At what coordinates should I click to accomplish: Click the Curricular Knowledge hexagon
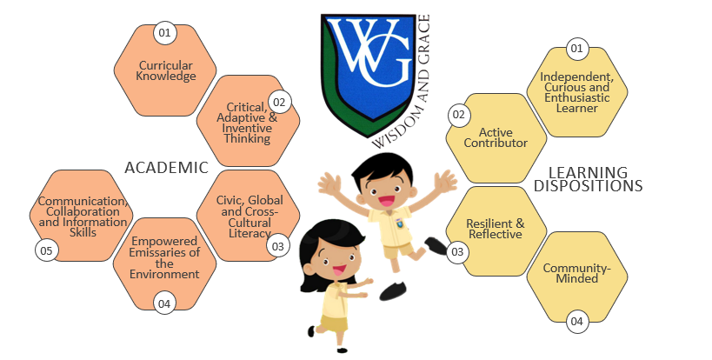coord(167,70)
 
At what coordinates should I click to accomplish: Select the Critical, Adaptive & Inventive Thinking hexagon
coord(248,122)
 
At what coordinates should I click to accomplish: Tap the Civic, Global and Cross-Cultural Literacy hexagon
coord(250,216)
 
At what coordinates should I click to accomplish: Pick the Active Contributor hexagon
coord(496,137)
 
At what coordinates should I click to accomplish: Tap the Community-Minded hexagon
coord(577,272)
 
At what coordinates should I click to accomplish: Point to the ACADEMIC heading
coord(166,168)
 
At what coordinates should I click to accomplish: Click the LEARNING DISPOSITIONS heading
coord(589,179)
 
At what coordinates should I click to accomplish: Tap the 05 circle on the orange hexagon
coord(45,250)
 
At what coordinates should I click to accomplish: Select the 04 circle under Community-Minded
coord(576,322)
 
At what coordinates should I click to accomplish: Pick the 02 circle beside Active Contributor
coord(459,115)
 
